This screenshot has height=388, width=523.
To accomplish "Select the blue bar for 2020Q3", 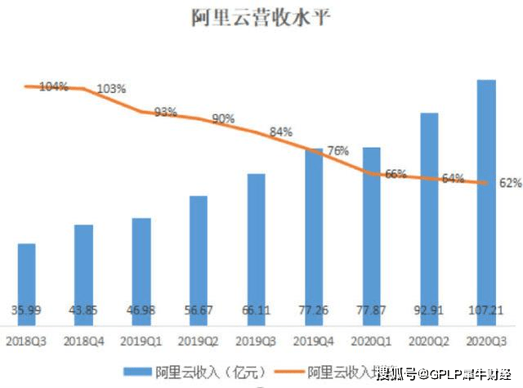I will tap(486, 196).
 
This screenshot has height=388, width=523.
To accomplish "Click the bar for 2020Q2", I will tap(429, 212).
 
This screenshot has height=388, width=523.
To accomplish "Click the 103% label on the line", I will tap(111, 88).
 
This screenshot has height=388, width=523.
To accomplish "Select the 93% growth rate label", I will tap(166, 112).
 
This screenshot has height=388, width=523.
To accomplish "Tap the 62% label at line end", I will tap(511, 183).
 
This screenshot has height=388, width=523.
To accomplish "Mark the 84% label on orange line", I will tap(280, 132).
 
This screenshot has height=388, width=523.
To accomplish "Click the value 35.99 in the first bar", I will tap(27, 310).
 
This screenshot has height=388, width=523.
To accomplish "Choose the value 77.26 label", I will tap(314, 310).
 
